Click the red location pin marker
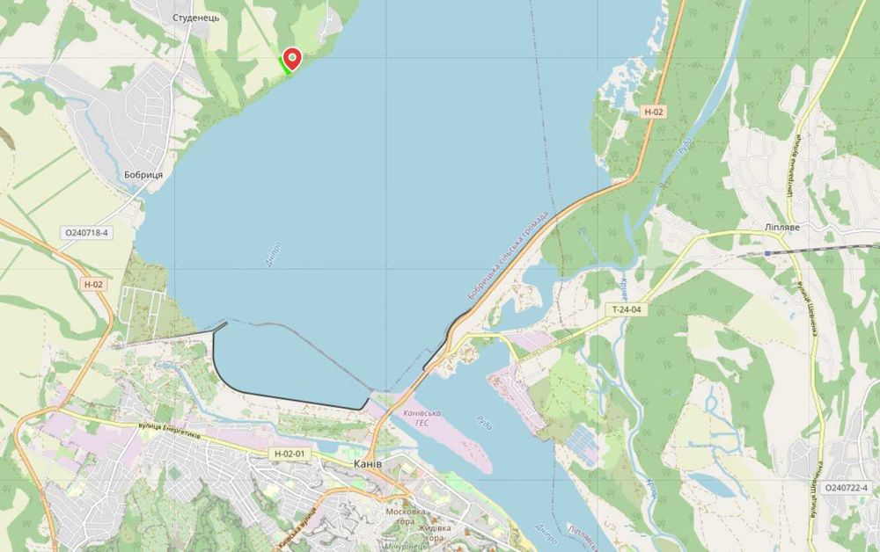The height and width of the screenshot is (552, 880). [x=291, y=58]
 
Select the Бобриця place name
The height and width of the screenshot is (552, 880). [x=143, y=175]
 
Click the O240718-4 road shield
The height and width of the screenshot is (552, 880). [x=86, y=234]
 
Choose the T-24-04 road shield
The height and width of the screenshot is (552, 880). [x=627, y=309]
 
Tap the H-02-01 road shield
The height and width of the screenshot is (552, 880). [x=289, y=454]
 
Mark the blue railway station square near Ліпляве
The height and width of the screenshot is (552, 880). [x=767, y=252]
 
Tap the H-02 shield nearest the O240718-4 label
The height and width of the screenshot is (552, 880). [x=93, y=284]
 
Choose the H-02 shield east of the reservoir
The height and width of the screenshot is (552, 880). [x=652, y=112]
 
